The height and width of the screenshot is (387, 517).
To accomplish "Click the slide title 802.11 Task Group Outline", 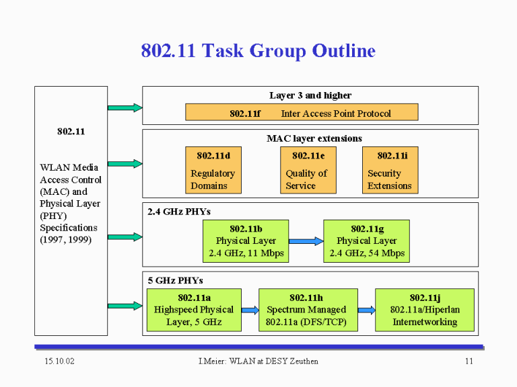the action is point(258,51).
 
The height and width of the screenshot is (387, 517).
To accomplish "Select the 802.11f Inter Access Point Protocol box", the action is point(302,112).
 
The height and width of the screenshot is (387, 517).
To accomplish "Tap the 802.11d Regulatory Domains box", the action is point(213,170).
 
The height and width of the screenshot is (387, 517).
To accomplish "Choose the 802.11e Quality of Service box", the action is point(308,170).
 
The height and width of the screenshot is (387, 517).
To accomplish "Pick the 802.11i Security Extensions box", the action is point(390,170).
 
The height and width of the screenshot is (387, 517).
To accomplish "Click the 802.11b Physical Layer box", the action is point(246,241).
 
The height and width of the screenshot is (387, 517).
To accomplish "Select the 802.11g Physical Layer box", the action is point(367,241).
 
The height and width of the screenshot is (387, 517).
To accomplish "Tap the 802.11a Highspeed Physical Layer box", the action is point(194,310).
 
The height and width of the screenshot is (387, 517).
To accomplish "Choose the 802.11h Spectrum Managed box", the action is point(308,310).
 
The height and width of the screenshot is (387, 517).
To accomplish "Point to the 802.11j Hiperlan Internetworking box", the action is point(425,310).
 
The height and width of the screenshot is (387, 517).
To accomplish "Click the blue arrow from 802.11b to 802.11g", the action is point(306,241).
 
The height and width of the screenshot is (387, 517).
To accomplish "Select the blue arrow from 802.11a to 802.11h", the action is point(250,310).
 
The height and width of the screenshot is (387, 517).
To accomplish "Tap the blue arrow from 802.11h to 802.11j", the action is point(366,310).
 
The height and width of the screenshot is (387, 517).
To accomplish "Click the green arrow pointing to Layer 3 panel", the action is point(125,107).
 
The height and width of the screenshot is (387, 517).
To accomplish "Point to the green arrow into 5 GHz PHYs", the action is point(125,306).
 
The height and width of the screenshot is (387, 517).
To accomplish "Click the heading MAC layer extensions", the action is point(314,138).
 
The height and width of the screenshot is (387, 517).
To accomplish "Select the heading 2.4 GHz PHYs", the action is point(179,212).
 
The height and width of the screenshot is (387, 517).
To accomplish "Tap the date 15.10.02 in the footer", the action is point(60,361).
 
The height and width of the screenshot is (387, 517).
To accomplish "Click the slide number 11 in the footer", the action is point(469,361).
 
